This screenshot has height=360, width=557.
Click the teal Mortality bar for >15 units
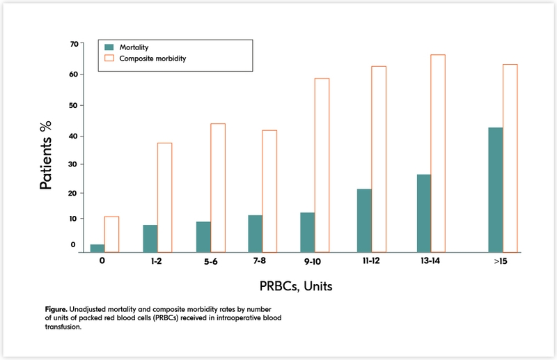point(495,189)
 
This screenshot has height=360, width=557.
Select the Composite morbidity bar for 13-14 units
point(438,152)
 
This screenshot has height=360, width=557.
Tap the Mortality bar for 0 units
point(97,248)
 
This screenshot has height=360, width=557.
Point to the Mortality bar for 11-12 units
point(363,220)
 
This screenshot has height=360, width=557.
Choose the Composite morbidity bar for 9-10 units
point(322,165)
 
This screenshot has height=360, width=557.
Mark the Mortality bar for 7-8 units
point(256,233)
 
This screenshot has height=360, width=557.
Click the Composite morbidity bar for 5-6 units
point(218,187)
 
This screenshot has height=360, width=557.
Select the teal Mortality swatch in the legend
point(109,47)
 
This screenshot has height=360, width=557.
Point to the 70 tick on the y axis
point(74,44)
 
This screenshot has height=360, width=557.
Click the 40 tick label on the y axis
point(74,134)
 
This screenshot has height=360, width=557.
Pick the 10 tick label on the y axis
point(74,219)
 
